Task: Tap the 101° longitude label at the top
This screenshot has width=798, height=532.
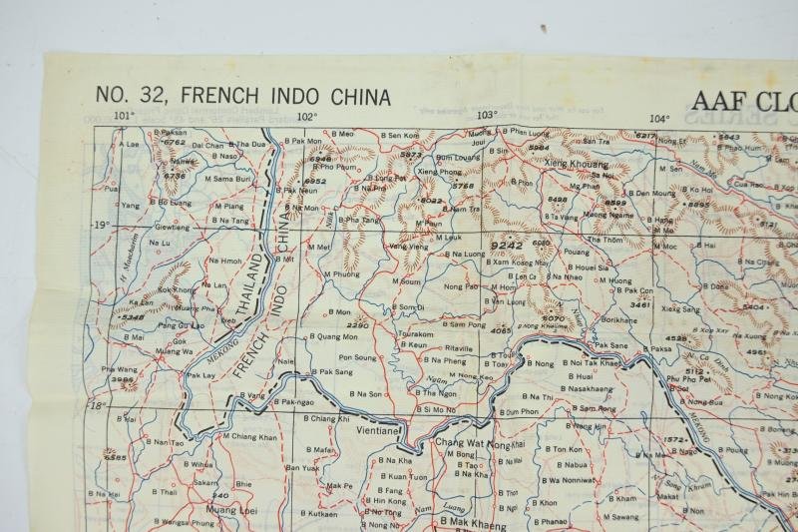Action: [123, 116]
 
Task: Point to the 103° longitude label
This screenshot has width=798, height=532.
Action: [486, 116]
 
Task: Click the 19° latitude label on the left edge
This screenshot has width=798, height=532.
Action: [102, 226]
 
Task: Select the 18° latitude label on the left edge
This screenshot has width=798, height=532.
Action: [97, 407]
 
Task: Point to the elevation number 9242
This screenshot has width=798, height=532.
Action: [506, 243]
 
